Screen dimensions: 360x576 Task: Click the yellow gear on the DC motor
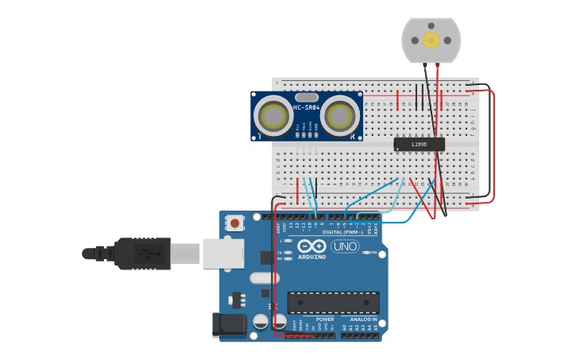pos(431,41)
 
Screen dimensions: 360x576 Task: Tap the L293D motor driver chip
pos(419,144)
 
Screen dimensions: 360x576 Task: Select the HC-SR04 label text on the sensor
pos(307,107)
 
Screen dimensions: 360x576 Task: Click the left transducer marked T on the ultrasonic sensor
pos(275,117)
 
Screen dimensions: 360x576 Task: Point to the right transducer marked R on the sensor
pos(340,117)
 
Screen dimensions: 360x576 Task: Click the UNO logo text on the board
pos(345,246)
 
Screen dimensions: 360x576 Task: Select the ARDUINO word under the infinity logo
pos(311,257)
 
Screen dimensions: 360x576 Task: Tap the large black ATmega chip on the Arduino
pos(333,302)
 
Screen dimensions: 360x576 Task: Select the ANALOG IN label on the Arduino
pos(364,319)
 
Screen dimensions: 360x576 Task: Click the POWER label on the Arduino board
pos(325,319)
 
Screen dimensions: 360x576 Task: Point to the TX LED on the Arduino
pos(288,252)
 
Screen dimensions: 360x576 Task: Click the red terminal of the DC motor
pos(437,64)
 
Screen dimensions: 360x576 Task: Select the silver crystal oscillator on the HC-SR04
pos(306,98)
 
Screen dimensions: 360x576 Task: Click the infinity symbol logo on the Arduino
pos(311,246)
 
